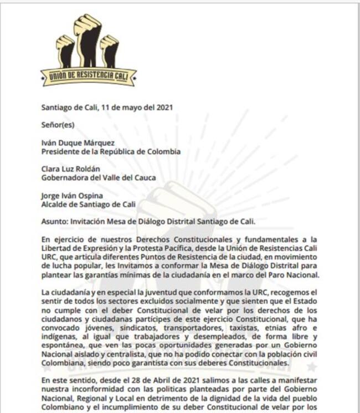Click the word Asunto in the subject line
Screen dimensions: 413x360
54,222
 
